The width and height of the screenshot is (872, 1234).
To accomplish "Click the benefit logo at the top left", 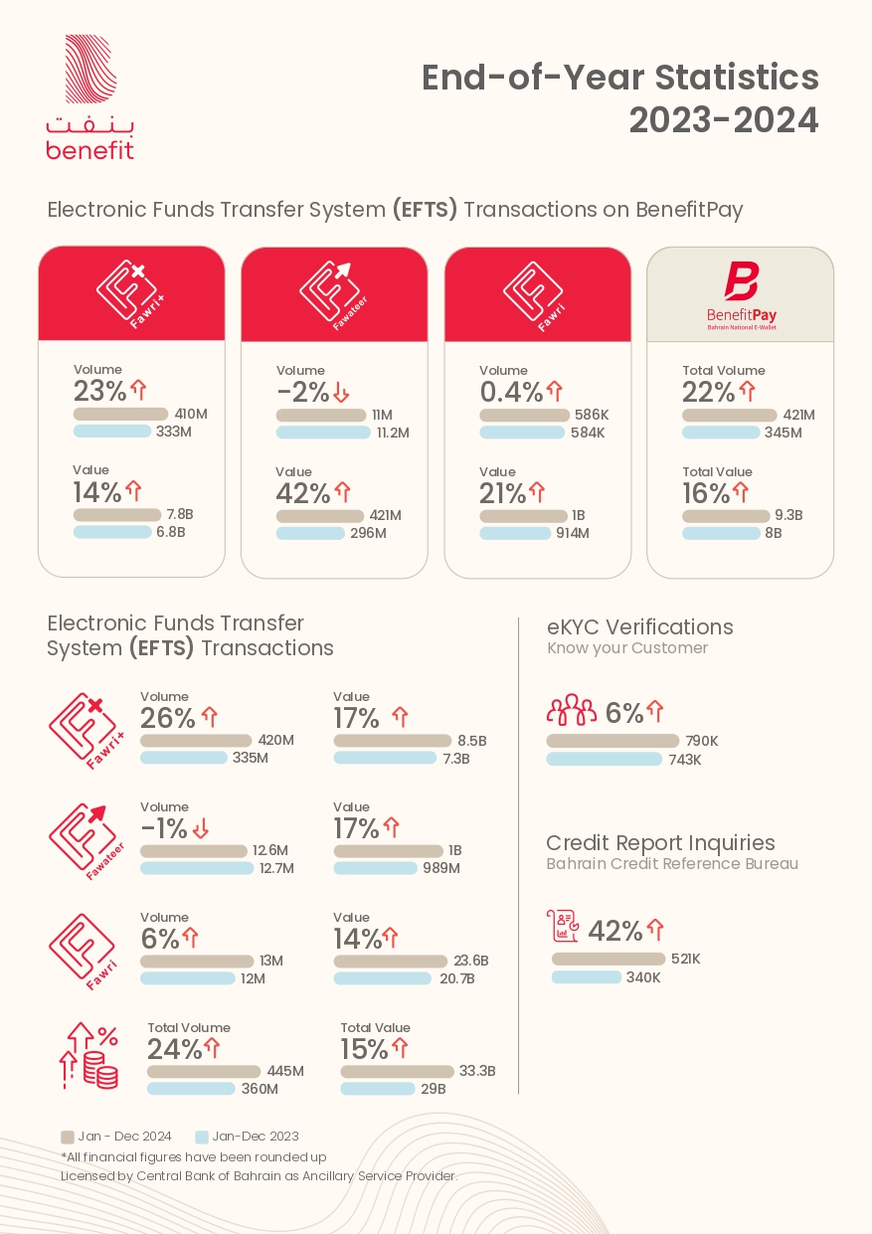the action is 90,97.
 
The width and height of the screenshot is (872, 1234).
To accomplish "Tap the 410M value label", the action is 191,414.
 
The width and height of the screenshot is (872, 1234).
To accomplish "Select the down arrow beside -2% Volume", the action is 341,392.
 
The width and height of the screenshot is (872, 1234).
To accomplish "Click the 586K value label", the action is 592,415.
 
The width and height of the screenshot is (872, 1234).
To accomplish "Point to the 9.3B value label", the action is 788,515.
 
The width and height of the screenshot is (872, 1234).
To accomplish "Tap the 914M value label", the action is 573,533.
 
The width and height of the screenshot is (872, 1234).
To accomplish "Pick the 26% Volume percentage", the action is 167,718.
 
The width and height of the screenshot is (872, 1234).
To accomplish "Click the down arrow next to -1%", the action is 201,828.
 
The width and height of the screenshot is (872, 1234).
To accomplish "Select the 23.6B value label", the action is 471,961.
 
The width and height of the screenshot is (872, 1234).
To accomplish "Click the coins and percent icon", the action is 88,1055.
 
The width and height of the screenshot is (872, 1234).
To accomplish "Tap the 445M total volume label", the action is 285,1071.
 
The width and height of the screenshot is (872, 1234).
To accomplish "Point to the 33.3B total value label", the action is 477,1071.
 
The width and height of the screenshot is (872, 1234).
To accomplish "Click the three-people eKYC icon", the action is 572,709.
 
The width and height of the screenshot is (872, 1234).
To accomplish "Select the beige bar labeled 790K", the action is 612,741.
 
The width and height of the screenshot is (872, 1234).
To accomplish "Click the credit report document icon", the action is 563,926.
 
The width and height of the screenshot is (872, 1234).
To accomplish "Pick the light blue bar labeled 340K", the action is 587,977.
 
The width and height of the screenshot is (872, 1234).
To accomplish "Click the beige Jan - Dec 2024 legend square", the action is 68,1137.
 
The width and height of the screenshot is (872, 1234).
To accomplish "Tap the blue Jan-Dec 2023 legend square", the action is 202,1137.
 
